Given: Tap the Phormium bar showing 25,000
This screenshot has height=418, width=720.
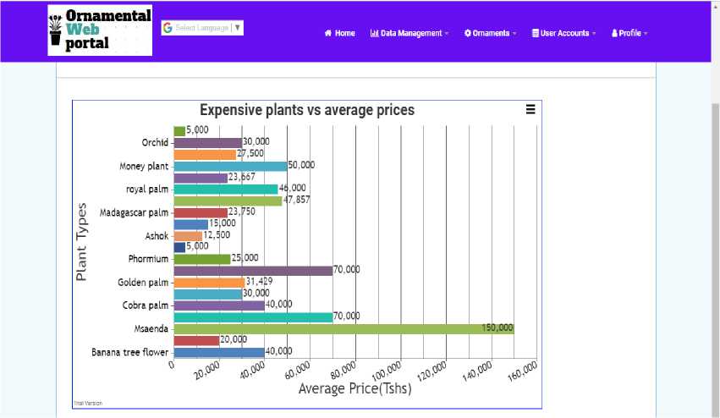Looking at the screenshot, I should click(x=202, y=259).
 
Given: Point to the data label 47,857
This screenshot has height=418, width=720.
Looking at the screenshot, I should click(x=297, y=201).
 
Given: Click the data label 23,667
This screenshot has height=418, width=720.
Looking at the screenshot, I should click(x=242, y=178).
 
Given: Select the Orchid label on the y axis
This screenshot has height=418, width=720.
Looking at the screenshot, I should click(x=156, y=142).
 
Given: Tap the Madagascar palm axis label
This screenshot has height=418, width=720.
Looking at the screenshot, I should click(x=135, y=212).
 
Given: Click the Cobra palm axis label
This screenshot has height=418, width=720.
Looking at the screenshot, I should click(x=146, y=305).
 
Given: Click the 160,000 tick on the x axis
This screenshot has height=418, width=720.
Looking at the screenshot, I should click(x=523, y=370).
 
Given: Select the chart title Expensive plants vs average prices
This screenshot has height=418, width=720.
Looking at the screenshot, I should click(x=307, y=110).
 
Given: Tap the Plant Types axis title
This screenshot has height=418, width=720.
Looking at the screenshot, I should click(x=82, y=241).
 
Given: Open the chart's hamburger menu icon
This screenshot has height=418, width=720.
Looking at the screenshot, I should click(x=530, y=109).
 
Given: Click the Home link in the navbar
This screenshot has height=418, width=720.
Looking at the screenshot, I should click(x=340, y=34).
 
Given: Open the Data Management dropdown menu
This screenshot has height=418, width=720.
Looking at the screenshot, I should click(x=409, y=34).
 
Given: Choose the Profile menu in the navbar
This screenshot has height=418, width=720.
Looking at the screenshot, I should click(x=629, y=34).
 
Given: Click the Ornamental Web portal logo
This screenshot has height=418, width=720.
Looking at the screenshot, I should click(x=100, y=30).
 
